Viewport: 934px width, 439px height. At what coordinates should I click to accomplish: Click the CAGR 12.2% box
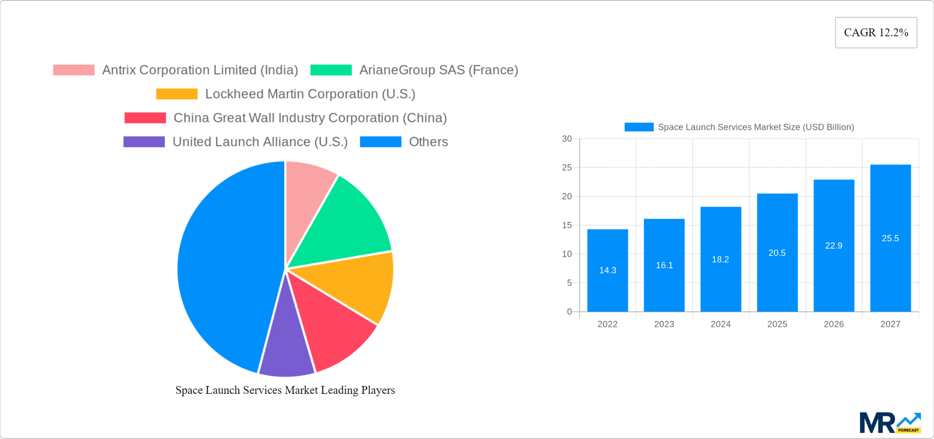(x=876, y=33)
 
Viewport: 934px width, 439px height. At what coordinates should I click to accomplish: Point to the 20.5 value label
(x=777, y=253)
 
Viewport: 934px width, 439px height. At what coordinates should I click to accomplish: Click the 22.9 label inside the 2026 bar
(x=833, y=246)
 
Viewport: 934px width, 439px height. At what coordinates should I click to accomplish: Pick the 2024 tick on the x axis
(x=720, y=324)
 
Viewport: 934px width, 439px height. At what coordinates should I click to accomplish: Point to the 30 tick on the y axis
(x=567, y=139)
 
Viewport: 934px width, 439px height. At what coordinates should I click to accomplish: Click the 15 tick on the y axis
(x=567, y=225)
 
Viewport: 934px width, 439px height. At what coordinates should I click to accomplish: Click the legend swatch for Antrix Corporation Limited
(x=74, y=70)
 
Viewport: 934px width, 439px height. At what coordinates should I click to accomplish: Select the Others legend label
(x=428, y=142)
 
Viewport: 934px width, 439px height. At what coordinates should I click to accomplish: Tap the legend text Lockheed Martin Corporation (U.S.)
(x=310, y=94)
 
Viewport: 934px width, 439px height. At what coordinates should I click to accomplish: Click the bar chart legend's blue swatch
(x=639, y=127)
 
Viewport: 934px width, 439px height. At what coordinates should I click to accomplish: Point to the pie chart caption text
(x=285, y=390)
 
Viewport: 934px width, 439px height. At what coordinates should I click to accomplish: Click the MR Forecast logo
(x=890, y=423)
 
